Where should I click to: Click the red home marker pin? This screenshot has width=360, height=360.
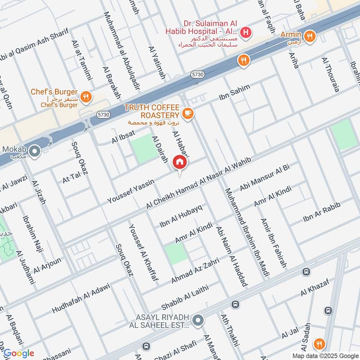click(180, 162)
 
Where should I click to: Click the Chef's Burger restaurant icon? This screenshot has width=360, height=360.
click(86, 96)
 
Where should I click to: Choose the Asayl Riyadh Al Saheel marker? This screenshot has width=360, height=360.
click(197, 320)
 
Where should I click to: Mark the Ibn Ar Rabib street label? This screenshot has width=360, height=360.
click(322, 212)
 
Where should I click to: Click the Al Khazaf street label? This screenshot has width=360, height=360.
click(315, 288)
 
